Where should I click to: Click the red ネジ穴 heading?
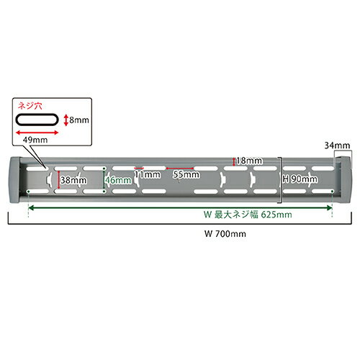(30, 106)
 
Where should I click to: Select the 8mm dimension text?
(79, 120)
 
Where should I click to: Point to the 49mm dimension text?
(35, 140)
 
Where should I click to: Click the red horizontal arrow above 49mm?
(37, 132)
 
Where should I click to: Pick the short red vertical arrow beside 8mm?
(66, 120)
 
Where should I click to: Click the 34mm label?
(337, 145)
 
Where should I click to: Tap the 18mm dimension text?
(249, 161)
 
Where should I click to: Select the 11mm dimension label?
(148, 174)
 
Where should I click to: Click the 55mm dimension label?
(186, 174)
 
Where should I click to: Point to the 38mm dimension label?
(73, 180)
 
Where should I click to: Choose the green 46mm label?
(118, 180)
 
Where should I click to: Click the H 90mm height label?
(300, 179)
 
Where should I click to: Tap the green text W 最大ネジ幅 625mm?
(248, 215)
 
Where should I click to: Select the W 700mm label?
(225, 234)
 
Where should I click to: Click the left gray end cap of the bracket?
(15, 181)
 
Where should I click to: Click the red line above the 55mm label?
(180, 168)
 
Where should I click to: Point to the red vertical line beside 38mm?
(58, 180)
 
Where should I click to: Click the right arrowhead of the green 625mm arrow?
(329, 208)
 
